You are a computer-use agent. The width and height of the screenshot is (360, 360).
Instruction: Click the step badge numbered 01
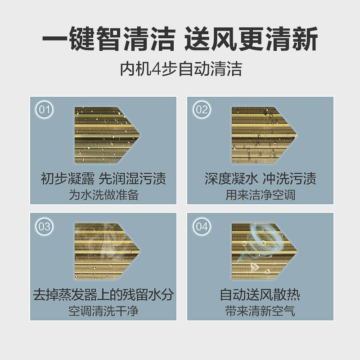(45, 110)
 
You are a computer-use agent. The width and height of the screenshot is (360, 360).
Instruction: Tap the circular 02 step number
(202, 110)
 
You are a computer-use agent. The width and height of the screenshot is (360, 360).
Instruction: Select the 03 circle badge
(45, 226)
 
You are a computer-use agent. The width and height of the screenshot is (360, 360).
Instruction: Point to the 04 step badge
(202, 226)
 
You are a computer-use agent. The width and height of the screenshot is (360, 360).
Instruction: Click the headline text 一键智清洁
(109, 39)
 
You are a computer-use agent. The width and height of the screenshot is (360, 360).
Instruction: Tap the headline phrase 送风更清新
(251, 39)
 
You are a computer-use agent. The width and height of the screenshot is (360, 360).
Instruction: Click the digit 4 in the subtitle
(156, 69)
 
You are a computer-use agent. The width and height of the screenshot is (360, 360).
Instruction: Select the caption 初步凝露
(67, 178)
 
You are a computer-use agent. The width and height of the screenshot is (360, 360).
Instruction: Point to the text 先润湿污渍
(132, 178)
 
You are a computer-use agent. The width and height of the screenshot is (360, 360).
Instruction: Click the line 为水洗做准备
(104, 195)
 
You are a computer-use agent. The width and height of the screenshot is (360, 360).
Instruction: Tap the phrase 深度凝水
(231, 178)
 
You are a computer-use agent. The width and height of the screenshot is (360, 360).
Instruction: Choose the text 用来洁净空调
(261, 195)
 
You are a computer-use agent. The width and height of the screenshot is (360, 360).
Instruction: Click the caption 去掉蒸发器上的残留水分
(103, 295)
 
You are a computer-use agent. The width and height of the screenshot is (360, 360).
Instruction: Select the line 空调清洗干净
(104, 311)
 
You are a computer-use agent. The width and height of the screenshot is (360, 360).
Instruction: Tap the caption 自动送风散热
(260, 295)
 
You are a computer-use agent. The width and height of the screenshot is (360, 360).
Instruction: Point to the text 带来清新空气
(261, 311)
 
